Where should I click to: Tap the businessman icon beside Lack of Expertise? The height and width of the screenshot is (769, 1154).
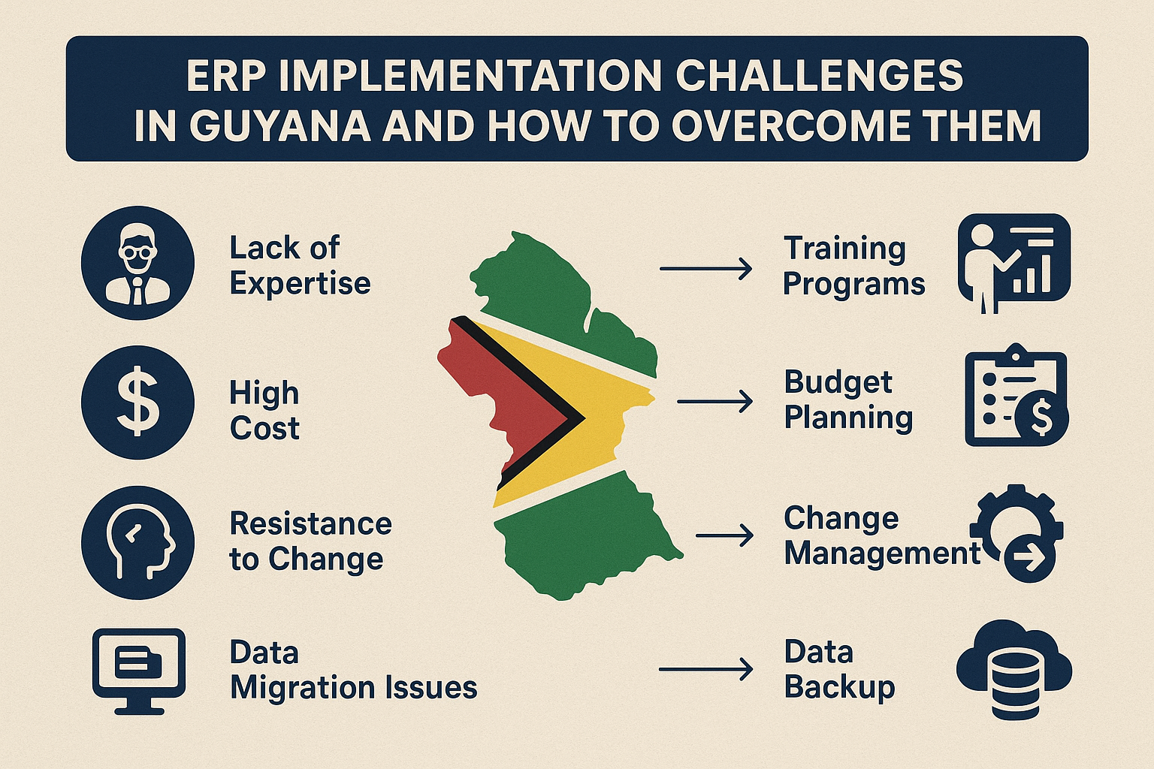137,264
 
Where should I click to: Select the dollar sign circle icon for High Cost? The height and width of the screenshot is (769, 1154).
137,403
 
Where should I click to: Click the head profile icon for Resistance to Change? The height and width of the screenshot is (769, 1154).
137,541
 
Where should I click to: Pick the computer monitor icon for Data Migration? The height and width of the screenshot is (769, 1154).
138,671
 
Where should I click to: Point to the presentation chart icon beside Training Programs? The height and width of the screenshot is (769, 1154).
1014,261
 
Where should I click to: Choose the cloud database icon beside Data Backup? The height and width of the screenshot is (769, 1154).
1014,668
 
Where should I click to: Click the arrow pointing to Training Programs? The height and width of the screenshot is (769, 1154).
705,268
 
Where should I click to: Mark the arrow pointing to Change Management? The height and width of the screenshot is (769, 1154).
724,535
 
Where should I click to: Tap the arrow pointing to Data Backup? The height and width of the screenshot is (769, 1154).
705,669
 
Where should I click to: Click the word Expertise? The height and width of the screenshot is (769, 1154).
300,284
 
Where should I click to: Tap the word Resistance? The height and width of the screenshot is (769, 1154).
310,523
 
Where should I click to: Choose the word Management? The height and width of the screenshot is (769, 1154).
882,553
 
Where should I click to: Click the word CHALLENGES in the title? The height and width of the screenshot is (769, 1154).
819,76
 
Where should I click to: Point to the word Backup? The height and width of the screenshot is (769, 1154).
839,688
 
